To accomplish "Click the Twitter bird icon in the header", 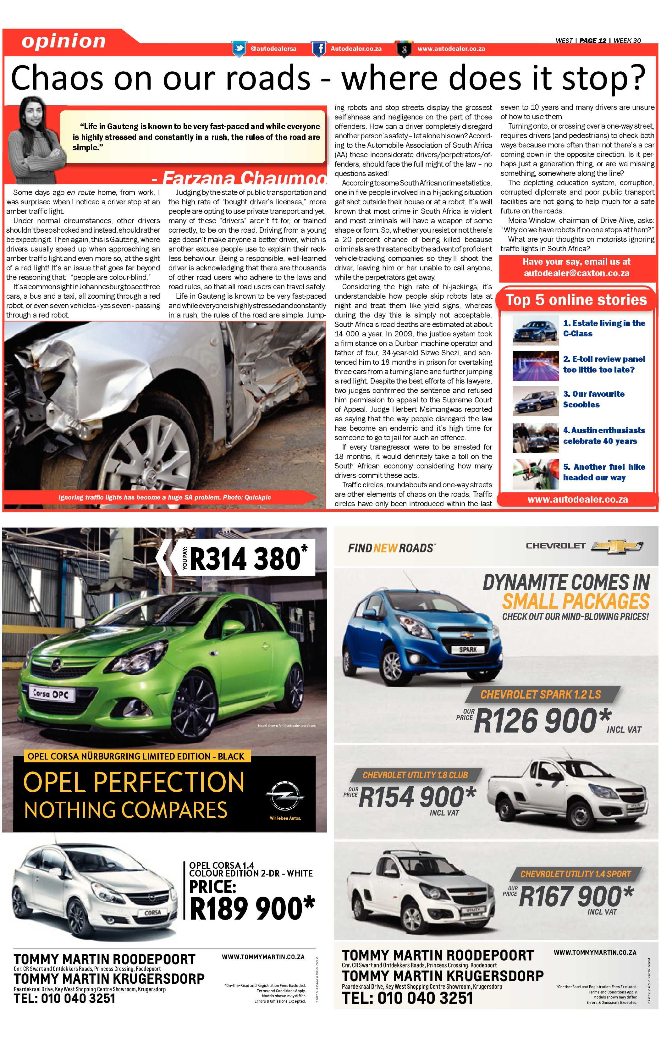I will pyautogui.click(x=239, y=49).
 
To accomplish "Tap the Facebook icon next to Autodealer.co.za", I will pyautogui.click(x=319, y=49).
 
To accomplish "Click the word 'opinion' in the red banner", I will pyautogui.click(x=63, y=41).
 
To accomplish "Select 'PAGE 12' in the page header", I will pyautogui.click(x=592, y=41).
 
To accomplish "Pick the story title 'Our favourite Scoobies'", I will pyautogui.click(x=593, y=399).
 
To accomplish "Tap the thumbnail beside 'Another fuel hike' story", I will pyautogui.click(x=535, y=474).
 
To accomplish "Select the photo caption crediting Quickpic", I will pyautogui.click(x=164, y=497).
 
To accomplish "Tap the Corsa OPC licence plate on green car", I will pyautogui.click(x=51, y=694).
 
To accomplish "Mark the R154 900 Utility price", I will pyautogui.click(x=417, y=797).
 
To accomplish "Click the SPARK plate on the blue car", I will pyautogui.click(x=468, y=650).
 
